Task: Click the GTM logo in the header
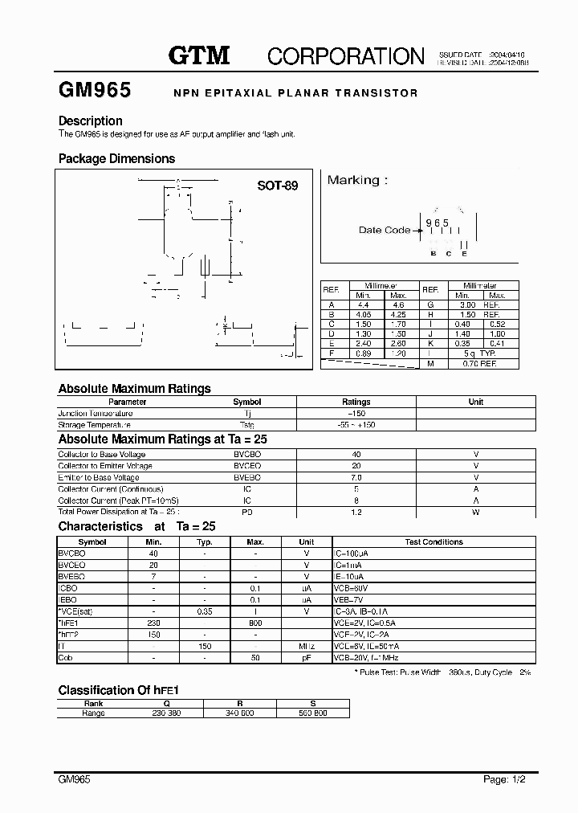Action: pyautogui.click(x=199, y=55)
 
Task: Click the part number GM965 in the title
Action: pyautogui.click(x=95, y=91)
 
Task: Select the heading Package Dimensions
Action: pyautogui.click(x=116, y=159)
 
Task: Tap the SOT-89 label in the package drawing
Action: pyautogui.click(x=277, y=186)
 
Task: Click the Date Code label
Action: pyautogui.click(x=384, y=230)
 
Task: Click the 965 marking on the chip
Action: pyautogui.click(x=437, y=222)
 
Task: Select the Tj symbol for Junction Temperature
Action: pyautogui.click(x=247, y=413)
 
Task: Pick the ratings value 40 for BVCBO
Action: pyautogui.click(x=356, y=455)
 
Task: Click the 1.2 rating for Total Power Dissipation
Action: pyautogui.click(x=356, y=512)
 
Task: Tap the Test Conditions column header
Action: pyautogui.click(x=433, y=542)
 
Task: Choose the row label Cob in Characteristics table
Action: pyautogui.click(x=66, y=657)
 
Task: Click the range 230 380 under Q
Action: pyautogui.click(x=168, y=713)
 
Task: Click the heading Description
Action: pyautogui.click(x=90, y=121)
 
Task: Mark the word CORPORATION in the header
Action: pyautogui.click(x=345, y=55)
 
